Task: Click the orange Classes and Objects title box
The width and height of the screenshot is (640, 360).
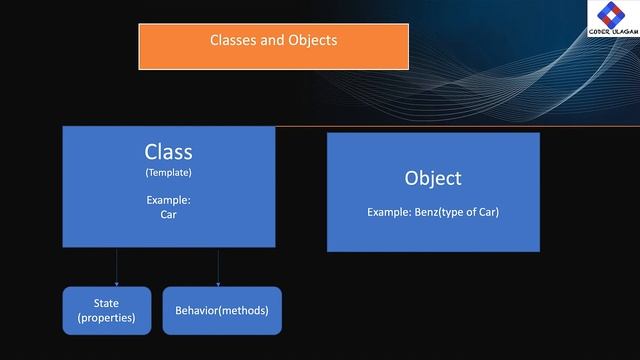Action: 273,46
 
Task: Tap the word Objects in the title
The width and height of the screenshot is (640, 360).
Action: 311,41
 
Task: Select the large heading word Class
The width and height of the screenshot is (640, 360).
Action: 168,152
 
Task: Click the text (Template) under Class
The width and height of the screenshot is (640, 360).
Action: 168,173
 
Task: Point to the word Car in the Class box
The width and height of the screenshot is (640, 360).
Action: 168,214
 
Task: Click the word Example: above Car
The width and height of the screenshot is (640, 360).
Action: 168,200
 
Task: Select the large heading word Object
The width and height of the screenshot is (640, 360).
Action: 433,178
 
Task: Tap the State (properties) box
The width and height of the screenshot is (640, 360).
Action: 107,310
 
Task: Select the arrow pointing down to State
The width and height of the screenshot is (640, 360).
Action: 117,267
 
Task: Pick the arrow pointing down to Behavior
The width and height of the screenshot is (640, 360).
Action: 218,267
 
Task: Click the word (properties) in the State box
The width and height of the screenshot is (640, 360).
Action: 107,318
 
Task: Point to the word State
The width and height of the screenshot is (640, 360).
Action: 107,302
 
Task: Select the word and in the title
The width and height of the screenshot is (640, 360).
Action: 274,41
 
